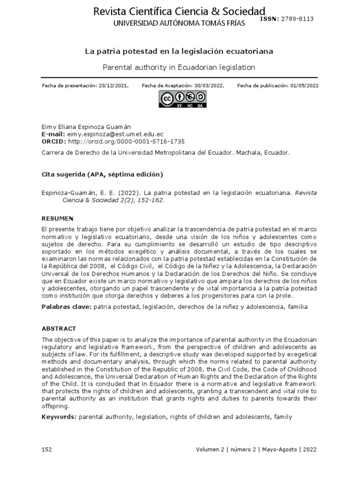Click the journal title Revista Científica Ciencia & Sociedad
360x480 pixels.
pos(180,11)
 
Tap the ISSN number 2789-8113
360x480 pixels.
pos(297,19)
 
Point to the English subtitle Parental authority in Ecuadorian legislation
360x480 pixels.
pos(180,67)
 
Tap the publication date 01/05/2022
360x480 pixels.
pos(301,85)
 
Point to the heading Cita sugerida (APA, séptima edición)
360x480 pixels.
pos(102,174)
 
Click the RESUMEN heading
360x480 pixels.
pos(58,218)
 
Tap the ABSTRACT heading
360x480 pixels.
pos(59,328)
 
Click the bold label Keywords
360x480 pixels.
pos(60,416)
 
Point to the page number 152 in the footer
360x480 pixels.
pos(47,449)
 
